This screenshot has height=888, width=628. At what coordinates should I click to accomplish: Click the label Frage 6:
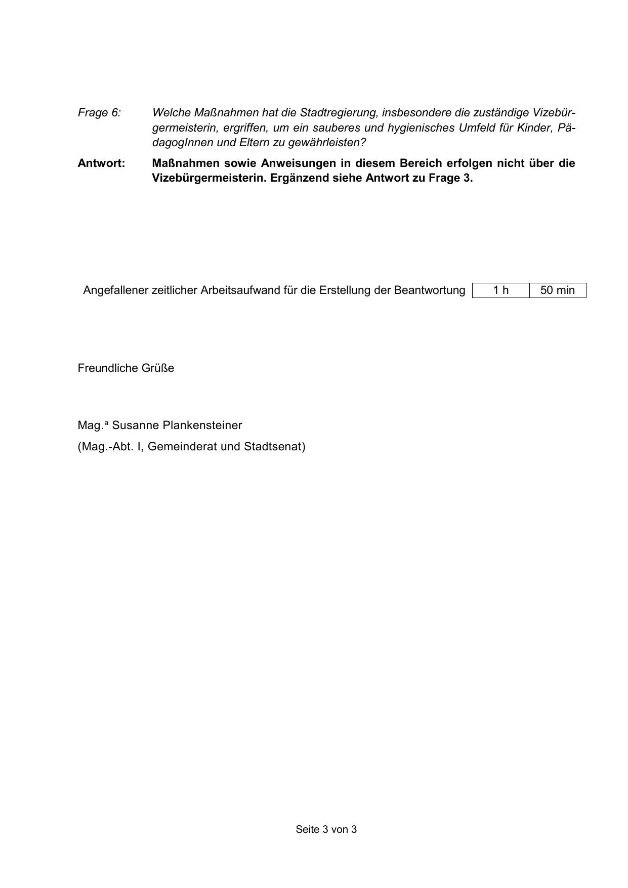click(x=99, y=113)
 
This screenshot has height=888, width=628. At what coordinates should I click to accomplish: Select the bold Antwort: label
click(x=101, y=163)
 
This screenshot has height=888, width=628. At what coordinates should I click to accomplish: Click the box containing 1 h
click(x=500, y=290)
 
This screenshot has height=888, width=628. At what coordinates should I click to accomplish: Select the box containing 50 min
click(x=558, y=290)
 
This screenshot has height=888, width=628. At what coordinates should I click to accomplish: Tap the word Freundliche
click(x=105, y=368)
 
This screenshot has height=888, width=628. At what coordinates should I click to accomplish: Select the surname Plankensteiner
click(x=202, y=426)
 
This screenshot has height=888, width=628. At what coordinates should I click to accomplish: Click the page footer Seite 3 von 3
click(x=326, y=829)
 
